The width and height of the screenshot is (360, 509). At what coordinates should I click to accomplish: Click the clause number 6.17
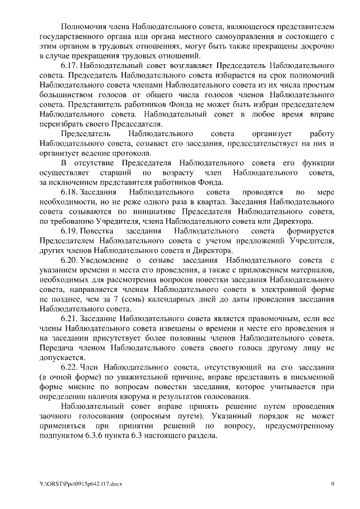pos(70,66)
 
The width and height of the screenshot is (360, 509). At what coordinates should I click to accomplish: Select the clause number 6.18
pos(70,192)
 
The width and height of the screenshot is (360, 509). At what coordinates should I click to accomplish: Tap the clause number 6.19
pos(70,231)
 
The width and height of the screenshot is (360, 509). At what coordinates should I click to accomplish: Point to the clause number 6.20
pos(70,260)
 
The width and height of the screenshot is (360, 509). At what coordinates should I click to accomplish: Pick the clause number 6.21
pos(70,318)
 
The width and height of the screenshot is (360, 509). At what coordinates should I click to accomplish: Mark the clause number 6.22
pos(70,367)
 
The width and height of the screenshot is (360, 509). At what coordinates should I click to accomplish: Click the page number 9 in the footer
pos(332,483)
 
